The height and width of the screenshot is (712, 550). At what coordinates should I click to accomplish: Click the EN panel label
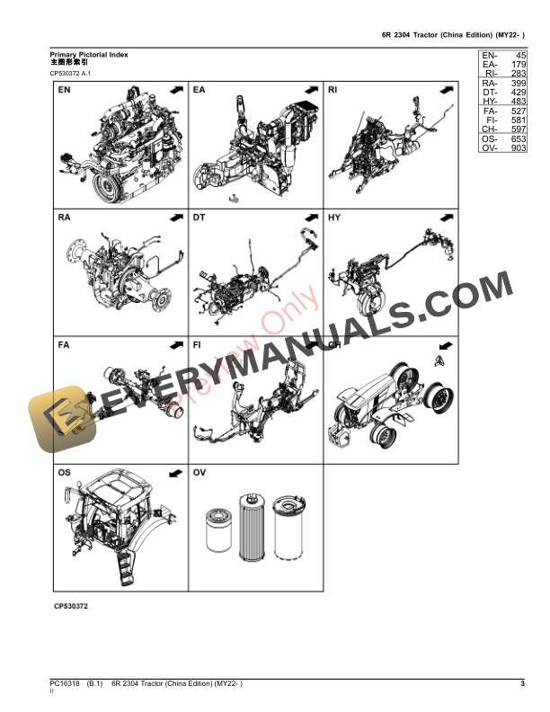pyautogui.click(x=66, y=92)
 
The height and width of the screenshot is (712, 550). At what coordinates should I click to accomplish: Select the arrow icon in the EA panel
pyautogui.click(x=310, y=91)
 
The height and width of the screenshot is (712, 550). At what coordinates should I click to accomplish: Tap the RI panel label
pyautogui.click(x=333, y=92)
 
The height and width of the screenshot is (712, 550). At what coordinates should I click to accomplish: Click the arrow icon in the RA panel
pyautogui.click(x=175, y=218)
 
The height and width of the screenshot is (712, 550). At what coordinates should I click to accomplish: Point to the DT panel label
pyautogui.click(x=200, y=218)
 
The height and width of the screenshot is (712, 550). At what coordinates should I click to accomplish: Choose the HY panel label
pyautogui.click(x=335, y=218)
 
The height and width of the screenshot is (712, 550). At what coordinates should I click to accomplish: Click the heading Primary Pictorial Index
pyautogui.click(x=89, y=55)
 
